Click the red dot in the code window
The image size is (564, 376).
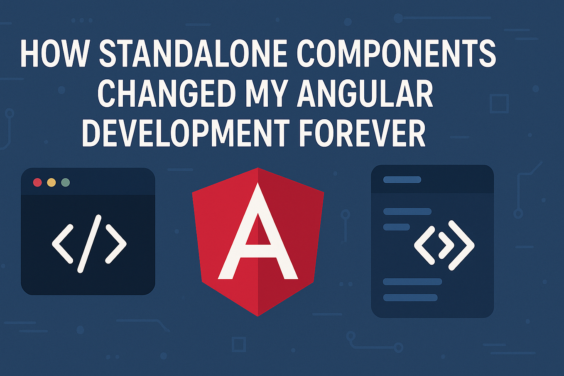coord(37,182)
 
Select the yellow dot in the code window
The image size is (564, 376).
coord(51,182)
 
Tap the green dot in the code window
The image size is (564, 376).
coord(65,182)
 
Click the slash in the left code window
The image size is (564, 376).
coord(89,243)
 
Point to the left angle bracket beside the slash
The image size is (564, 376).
coord(63,243)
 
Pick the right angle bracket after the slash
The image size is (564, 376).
coord(116,243)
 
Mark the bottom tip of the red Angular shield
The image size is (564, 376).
coord(258,315)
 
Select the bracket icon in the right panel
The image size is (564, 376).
coord(444,245)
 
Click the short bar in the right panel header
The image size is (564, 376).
coord(402,179)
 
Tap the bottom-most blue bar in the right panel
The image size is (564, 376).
coord(410,297)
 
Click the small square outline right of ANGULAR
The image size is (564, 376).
coord(499,103)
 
